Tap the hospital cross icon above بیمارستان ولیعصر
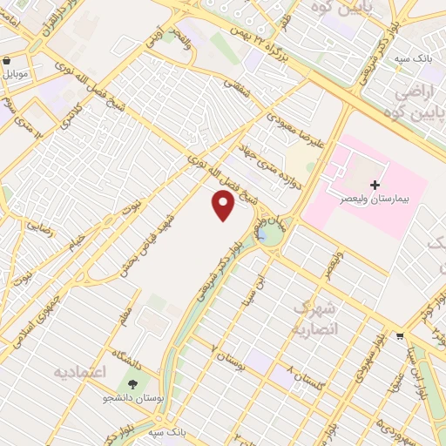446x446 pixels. (x=375, y=185)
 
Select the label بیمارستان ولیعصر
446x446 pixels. (x=375, y=199)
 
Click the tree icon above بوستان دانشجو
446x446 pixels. (x=133, y=384)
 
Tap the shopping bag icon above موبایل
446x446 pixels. (x=8, y=62)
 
